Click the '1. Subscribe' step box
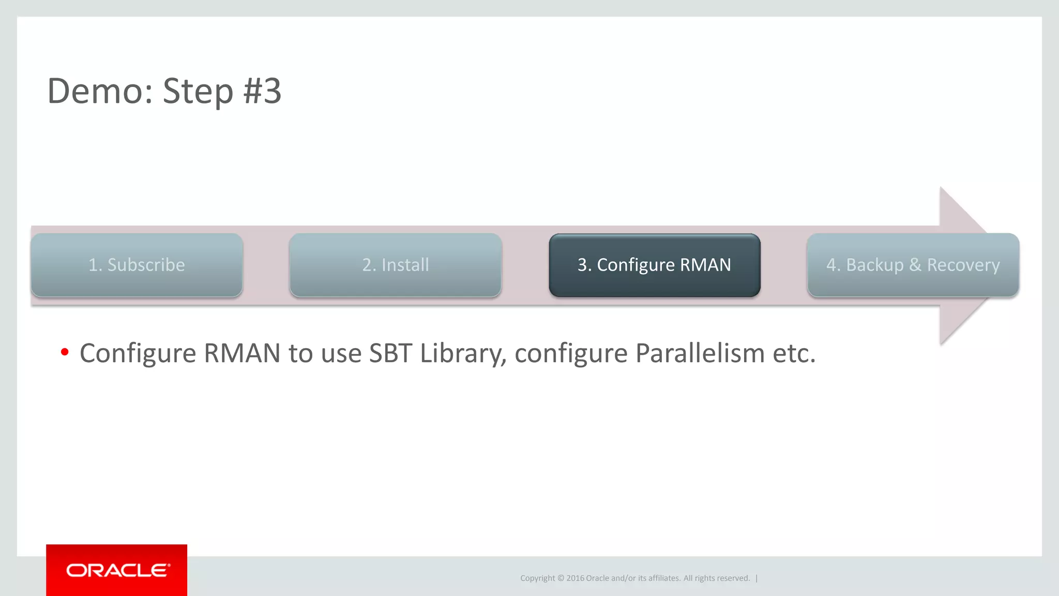[x=137, y=265]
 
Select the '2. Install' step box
[x=396, y=265]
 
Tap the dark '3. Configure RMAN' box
[x=654, y=265]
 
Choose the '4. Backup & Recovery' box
[x=913, y=265]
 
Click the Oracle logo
[x=117, y=570]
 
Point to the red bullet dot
[x=65, y=352]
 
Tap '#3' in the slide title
[x=262, y=91]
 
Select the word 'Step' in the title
[x=198, y=91]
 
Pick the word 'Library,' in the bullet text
[x=463, y=353]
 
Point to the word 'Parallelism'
[x=700, y=353]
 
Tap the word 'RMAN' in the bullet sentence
[x=242, y=353]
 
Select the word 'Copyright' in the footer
[x=537, y=578]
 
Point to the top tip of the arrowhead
[x=941, y=188]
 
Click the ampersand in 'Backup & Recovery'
[x=915, y=265]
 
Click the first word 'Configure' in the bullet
[x=138, y=353]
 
